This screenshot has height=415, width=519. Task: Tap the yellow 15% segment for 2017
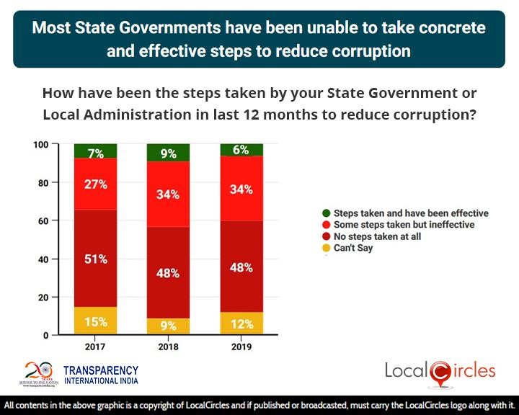click(x=96, y=321)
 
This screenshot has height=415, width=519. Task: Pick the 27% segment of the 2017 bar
click(x=96, y=184)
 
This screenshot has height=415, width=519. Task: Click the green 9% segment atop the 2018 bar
click(x=169, y=153)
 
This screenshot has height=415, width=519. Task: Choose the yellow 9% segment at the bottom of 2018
click(x=169, y=326)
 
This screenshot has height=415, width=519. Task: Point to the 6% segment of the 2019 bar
click(x=241, y=150)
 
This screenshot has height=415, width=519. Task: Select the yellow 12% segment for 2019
click(x=241, y=323)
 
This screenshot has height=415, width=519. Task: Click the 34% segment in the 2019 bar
click(x=241, y=189)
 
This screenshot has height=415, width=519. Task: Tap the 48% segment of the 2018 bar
click(x=169, y=272)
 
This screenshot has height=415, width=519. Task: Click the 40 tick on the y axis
click(x=43, y=259)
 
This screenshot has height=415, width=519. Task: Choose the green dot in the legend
click(x=327, y=213)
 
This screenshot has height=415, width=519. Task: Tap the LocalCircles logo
click(x=440, y=372)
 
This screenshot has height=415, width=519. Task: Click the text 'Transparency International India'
click(x=101, y=375)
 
